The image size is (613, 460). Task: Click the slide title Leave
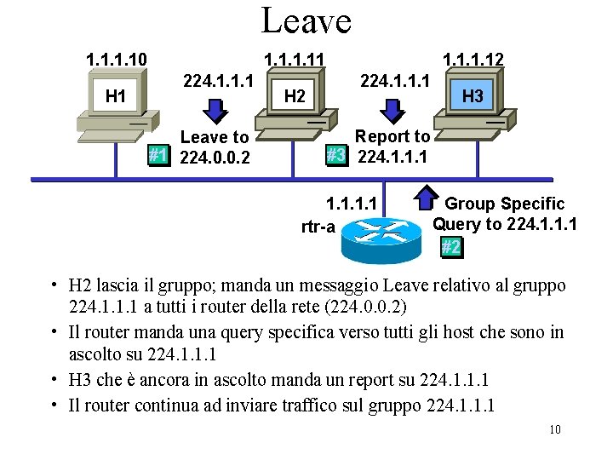tap(306, 20)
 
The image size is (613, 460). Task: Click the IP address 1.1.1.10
tap(117, 60)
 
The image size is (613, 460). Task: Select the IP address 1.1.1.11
tap(297, 60)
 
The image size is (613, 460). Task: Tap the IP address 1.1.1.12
tap(473, 60)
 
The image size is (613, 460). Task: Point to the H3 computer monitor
tap(473, 95)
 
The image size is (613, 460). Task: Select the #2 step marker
tap(451, 247)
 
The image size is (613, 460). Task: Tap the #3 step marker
tap(336, 155)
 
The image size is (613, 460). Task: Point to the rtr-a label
tap(318, 227)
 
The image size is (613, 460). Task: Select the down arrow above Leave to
tap(216, 109)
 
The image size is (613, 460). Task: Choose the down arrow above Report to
tap(393, 108)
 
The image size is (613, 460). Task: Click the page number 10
tap(554, 429)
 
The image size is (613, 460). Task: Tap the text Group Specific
tap(504, 204)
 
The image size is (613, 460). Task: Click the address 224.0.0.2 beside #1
tap(215, 157)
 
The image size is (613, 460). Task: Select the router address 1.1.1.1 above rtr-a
tap(352, 204)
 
